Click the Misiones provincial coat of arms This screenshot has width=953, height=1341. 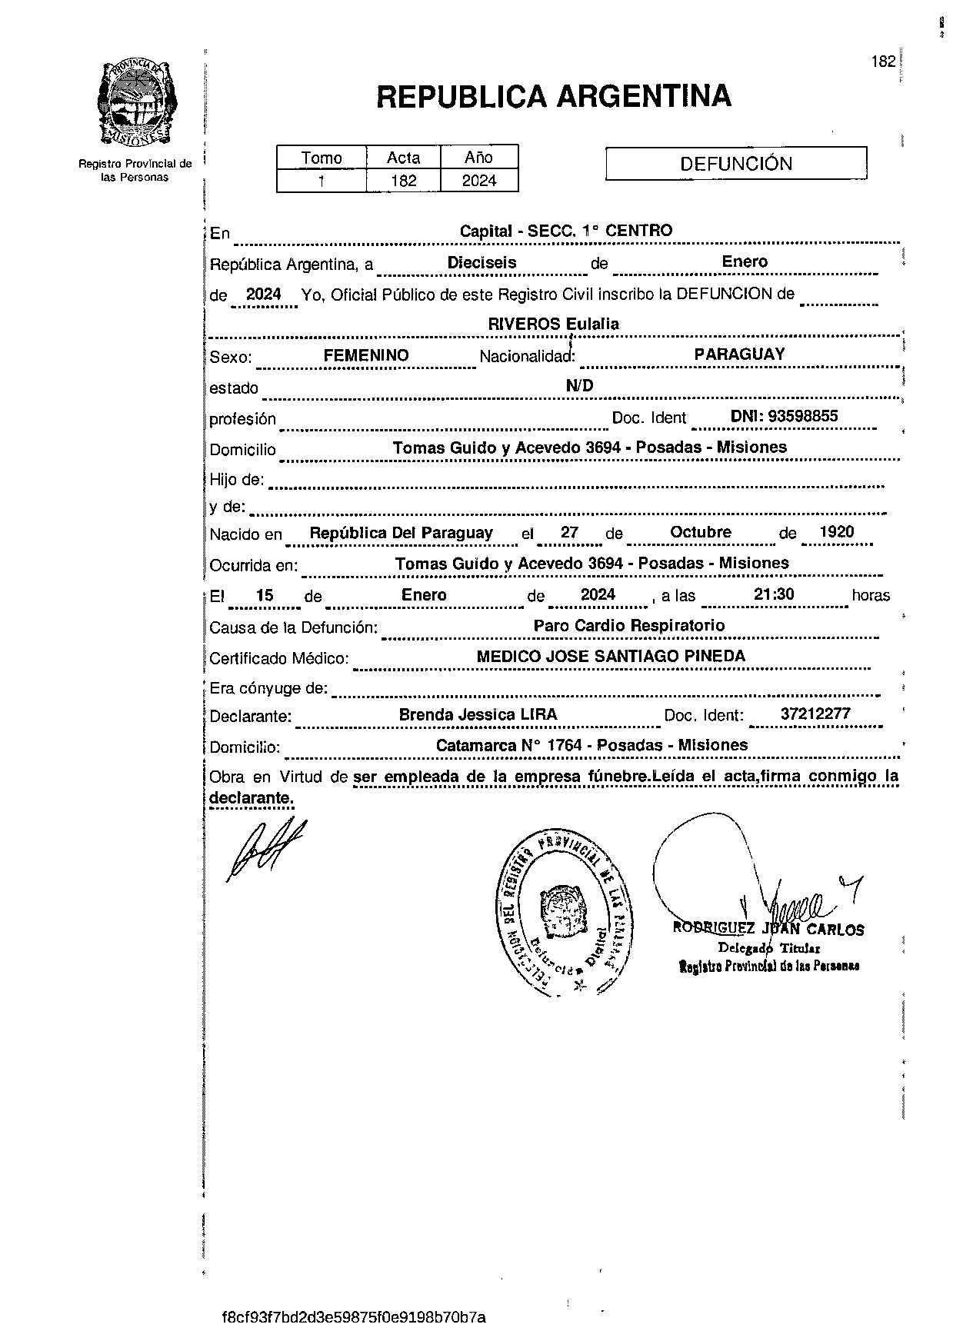tap(136, 104)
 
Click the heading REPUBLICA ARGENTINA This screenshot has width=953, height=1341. tap(553, 96)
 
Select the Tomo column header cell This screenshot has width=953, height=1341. tap(322, 158)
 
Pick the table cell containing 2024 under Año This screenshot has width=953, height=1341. tap(478, 181)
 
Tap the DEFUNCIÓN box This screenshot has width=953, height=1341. tap(735, 164)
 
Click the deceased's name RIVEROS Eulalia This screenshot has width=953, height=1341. tap(553, 324)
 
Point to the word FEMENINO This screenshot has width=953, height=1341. tap(365, 355)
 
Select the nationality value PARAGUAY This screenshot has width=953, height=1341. tap(738, 354)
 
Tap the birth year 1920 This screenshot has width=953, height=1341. tap(836, 532)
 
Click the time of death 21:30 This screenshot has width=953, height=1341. tap(774, 594)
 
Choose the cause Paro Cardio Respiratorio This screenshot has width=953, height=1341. tap(628, 625)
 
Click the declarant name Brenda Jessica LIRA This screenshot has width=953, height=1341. tap(477, 714)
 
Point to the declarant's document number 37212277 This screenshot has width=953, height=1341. tap(815, 714)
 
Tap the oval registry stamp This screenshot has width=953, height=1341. tap(560, 912)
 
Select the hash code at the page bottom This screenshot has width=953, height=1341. tap(354, 1317)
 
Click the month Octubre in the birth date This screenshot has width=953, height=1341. tap(700, 532)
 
